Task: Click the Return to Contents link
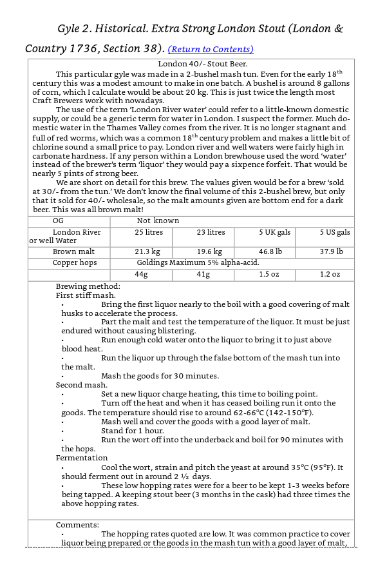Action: click(211, 50)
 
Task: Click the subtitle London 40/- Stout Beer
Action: click(203, 64)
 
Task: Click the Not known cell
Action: click(158, 221)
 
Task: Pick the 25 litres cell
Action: click(148, 232)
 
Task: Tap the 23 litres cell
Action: click(211, 232)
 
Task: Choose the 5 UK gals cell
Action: click(274, 232)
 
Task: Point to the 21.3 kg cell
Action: click(147, 251)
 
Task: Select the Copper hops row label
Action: click(75, 262)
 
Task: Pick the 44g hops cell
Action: click(142, 274)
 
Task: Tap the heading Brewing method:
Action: click(88, 286)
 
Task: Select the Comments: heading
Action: click(77, 525)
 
